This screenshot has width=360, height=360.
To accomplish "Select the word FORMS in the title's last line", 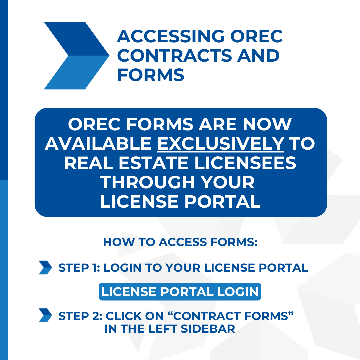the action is click(151, 75).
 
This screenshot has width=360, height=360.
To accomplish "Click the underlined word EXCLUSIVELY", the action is click(221, 143).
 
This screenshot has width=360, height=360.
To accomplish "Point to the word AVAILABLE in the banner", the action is click(98, 143).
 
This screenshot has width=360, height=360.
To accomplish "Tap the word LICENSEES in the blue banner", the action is click(245, 163).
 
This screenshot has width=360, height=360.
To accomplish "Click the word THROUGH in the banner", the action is click(148, 182).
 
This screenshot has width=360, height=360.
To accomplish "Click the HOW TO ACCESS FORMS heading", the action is click(180, 242).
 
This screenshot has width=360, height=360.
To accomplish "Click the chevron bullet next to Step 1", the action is click(45, 267).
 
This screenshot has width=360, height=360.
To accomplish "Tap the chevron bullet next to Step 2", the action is click(45, 315).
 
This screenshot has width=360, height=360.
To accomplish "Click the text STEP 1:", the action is click(79, 268).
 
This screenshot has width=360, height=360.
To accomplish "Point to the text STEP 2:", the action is click(80, 316).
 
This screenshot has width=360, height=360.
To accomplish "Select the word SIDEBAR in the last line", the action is click(208, 329).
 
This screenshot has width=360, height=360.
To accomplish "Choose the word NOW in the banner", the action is click(267, 124).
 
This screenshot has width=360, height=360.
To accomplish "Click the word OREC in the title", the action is click(256, 36).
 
